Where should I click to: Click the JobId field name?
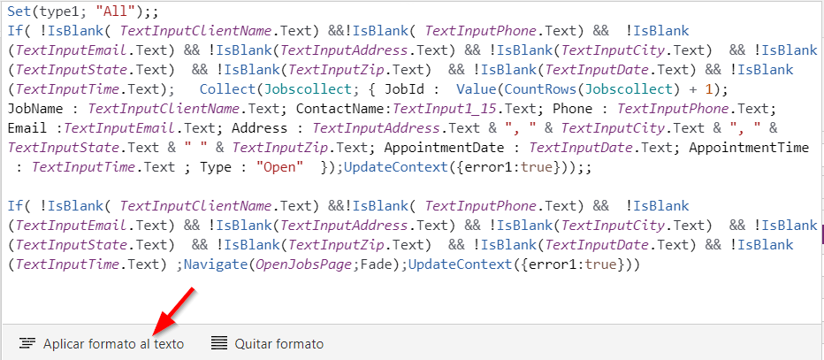pos(400,89)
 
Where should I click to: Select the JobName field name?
pos(35,109)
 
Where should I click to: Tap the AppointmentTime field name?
pos(749,148)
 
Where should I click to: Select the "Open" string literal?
pos(279,167)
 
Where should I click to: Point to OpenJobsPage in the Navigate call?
pos(302,264)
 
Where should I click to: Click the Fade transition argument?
pos(373,264)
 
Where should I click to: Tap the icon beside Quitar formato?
pos(219,344)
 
